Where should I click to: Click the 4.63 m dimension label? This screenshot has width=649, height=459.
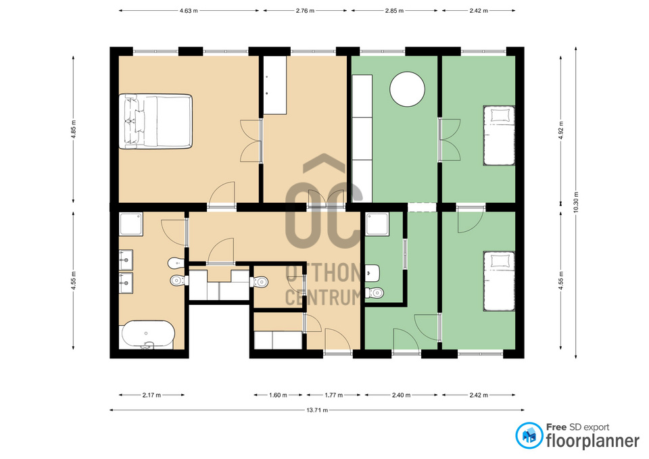click(x=189, y=11)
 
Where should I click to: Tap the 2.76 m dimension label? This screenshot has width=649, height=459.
click(x=305, y=11)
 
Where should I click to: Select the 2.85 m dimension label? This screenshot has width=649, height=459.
click(x=394, y=11)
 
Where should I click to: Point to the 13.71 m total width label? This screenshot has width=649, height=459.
click(x=317, y=410)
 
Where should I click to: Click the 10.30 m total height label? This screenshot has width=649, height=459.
click(x=576, y=202)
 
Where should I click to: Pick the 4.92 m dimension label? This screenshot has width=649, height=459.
click(x=561, y=130)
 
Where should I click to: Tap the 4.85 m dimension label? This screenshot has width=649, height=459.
click(x=74, y=130)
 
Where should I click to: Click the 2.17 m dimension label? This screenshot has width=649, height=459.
click(x=151, y=395)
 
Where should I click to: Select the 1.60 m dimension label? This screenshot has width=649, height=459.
click(x=278, y=395)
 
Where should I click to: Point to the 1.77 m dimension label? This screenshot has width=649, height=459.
click(x=333, y=395)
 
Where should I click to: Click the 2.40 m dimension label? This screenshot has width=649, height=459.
click(x=401, y=395)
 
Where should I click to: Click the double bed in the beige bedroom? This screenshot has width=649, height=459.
click(x=155, y=121)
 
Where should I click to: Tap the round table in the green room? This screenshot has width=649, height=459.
click(x=407, y=89)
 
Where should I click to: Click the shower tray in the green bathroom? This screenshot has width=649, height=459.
click(x=377, y=224)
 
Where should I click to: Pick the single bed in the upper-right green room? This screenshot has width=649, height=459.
click(x=499, y=136)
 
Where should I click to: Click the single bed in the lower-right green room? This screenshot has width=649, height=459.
click(x=499, y=281)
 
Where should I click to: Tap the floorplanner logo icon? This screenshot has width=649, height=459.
click(x=529, y=435)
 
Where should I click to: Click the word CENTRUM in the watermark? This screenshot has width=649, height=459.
click(x=323, y=297)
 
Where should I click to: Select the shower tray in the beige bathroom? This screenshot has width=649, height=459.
click(x=130, y=224)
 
